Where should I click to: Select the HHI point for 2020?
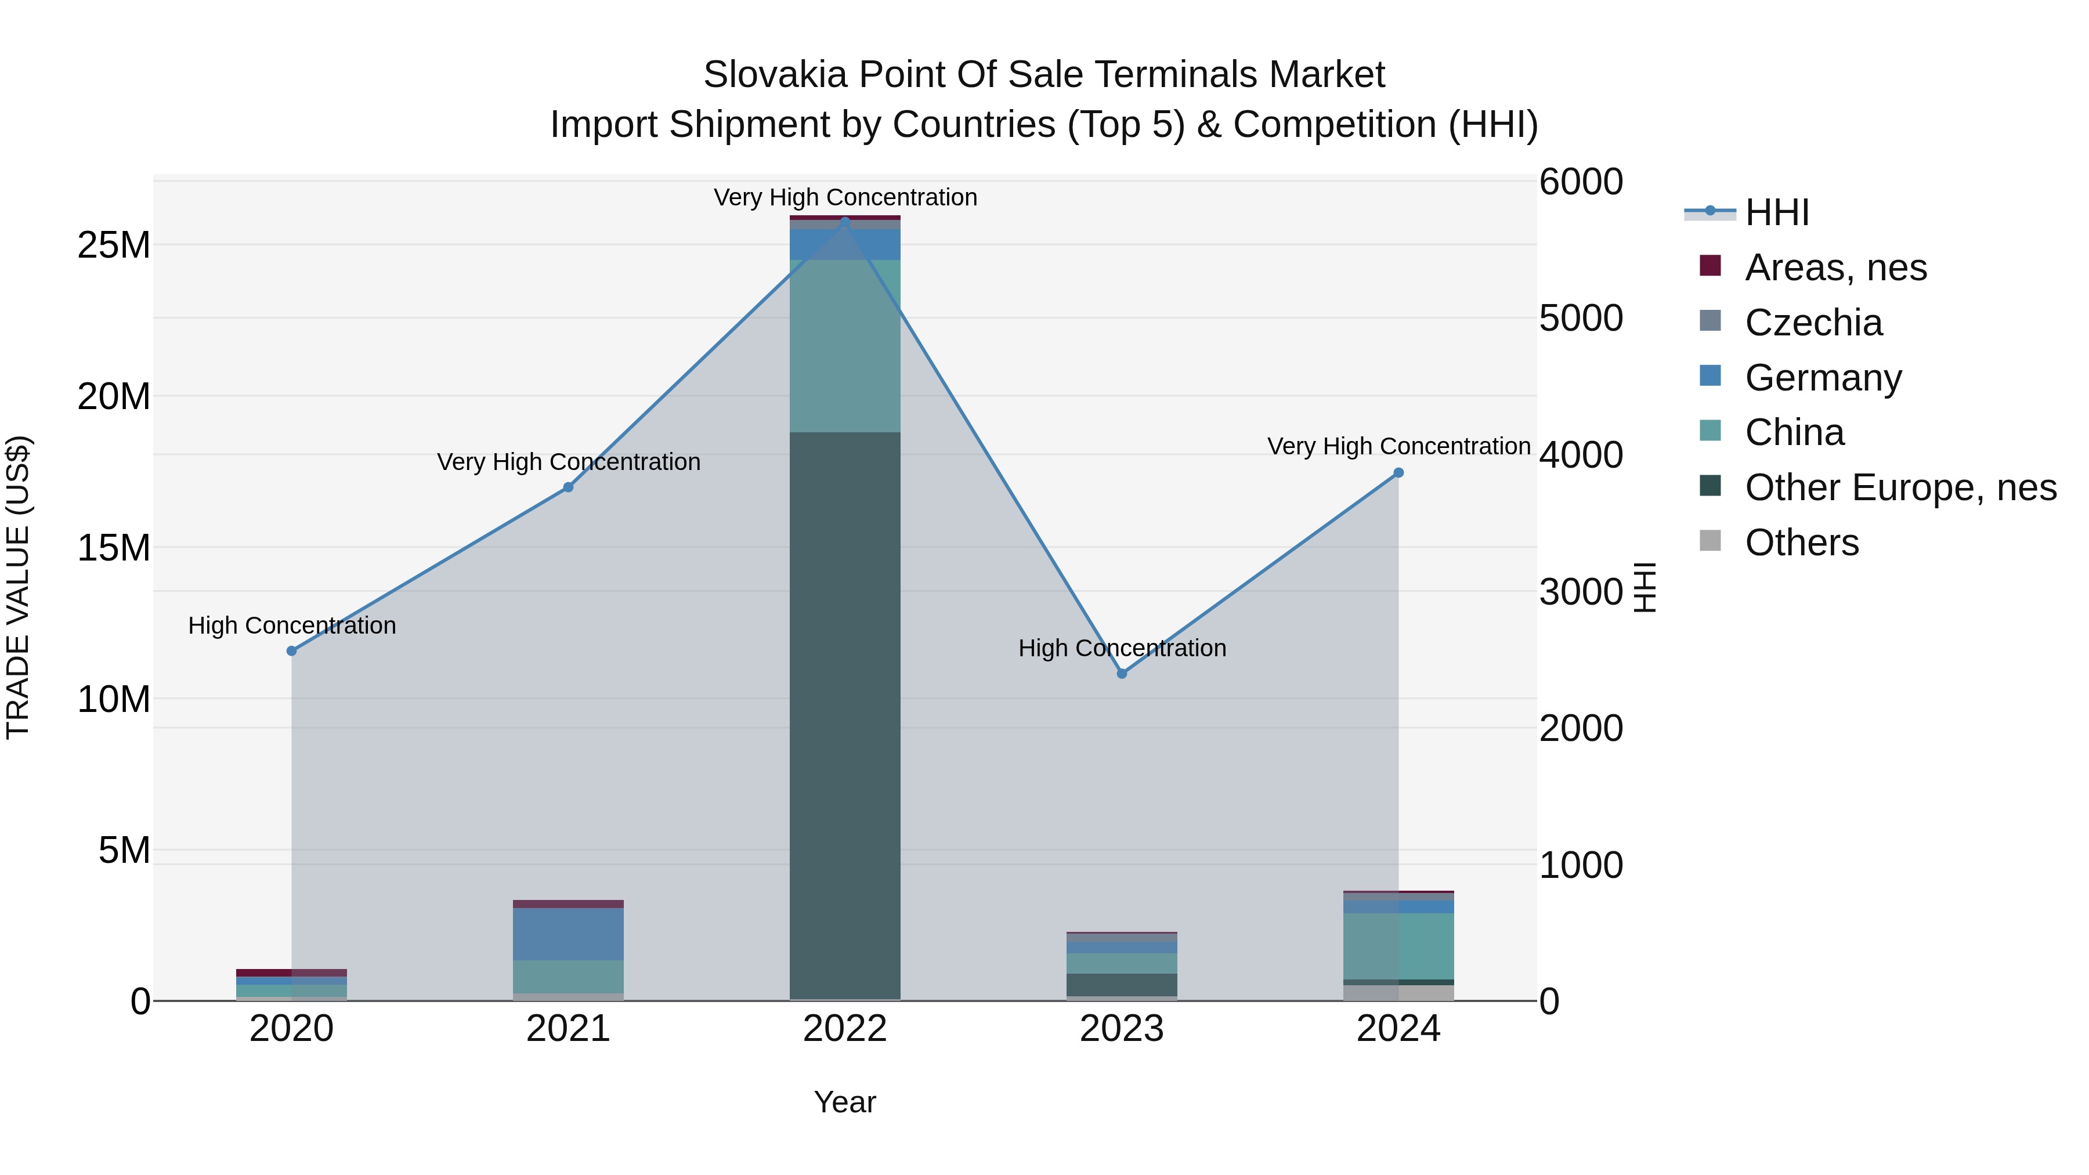point(292,650)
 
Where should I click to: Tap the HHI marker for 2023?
point(1122,673)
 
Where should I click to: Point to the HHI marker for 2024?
point(1398,473)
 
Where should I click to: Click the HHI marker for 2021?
point(569,487)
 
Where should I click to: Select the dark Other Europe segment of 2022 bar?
point(844,714)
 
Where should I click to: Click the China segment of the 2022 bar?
point(844,345)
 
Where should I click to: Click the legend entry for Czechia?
point(1813,323)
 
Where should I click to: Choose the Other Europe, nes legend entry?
point(1900,487)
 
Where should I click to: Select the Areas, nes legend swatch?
point(1710,266)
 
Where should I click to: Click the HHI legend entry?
point(1776,212)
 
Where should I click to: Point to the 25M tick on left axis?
point(114,245)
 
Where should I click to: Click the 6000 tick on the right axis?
point(1581,182)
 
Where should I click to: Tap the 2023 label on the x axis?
point(1122,1029)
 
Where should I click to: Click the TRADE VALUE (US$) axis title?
point(18,587)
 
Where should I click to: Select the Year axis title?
point(844,1102)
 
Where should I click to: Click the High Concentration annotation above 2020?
point(292,625)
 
